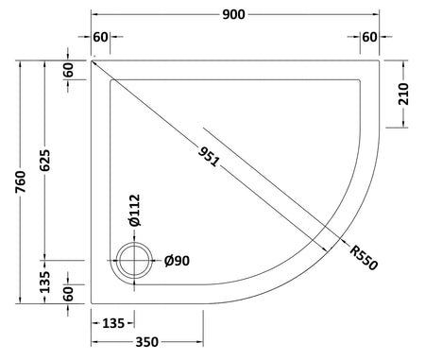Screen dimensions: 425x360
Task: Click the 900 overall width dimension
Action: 233,14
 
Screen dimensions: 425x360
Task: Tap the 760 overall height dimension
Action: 21,181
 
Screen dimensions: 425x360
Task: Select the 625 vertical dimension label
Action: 45,161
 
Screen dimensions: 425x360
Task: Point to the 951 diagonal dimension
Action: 209,157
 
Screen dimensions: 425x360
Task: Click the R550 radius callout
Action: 364,258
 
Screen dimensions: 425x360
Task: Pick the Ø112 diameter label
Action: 135,211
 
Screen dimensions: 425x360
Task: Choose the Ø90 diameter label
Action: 177,261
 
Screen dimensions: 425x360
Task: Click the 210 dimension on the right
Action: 403,94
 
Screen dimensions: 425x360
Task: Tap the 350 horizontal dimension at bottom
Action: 147,342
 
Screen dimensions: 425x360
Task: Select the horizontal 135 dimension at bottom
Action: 113,323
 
